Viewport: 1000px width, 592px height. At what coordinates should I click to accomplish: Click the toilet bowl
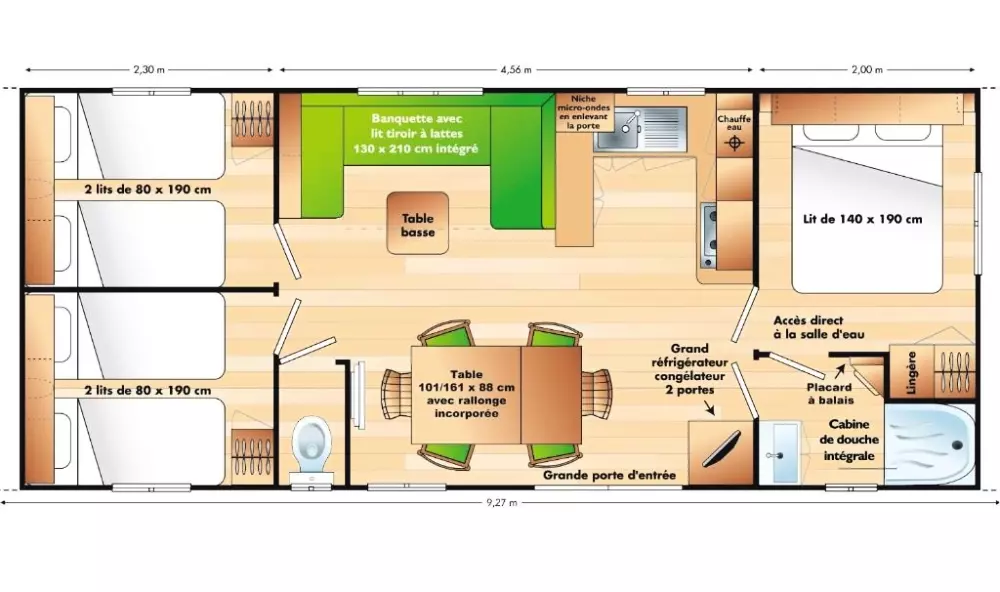pyautogui.click(x=312, y=441)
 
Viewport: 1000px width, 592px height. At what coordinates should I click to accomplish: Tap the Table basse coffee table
pyautogui.click(x=418, y=223)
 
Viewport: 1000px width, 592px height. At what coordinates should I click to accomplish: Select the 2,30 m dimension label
pyautogui.click(x=149, y=70)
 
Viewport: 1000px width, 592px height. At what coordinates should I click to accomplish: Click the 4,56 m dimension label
pyautogui.click(x=516, y=70)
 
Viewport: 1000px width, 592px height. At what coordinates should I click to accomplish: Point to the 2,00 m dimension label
pyautogui.click(x=867, y=70)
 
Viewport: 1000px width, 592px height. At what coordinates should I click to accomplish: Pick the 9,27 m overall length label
pyautogui.click(x=502, y=503)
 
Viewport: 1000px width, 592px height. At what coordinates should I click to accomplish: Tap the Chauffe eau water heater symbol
pyautogui.click(x=734, y=142)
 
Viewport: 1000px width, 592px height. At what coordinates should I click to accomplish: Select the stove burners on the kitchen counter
pyautogui.click(x=709, y=235)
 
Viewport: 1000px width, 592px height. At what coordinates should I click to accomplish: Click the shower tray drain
pyautogui.click(x=957, y=446)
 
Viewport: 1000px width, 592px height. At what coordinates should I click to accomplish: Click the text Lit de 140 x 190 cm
pyautogui.click(x=862, y=219)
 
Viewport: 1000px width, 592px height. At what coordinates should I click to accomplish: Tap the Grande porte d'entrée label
pyautogui.click(x=609, y=475)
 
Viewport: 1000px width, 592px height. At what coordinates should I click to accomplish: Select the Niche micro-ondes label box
pyautogui.click(x=584, y=112)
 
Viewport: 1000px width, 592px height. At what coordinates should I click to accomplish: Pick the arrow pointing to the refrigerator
pyautogui.click(x=708, y=408)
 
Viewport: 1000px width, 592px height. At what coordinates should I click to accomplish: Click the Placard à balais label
pyautogui.click(x=830, y=394)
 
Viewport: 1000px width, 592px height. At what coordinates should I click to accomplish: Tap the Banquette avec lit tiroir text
pyautogui.click(x=416, y=126)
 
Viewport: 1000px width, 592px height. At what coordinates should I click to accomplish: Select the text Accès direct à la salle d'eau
pyautogui.click(x=819, y=327)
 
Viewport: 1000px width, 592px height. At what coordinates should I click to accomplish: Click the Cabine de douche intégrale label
pyautogui.click(x=849, y=440)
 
